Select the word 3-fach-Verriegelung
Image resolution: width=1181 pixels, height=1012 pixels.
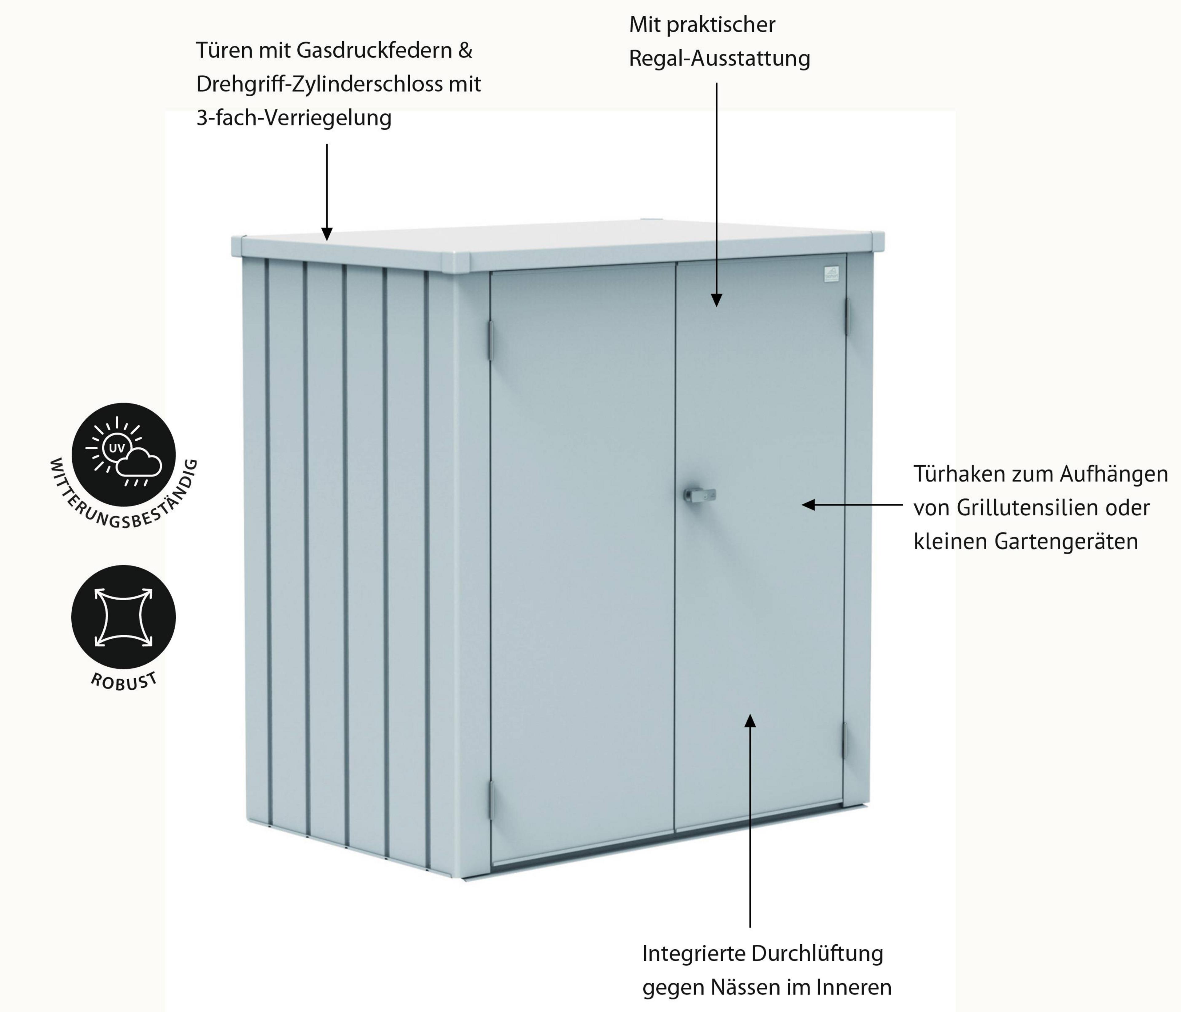click(294, 118)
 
